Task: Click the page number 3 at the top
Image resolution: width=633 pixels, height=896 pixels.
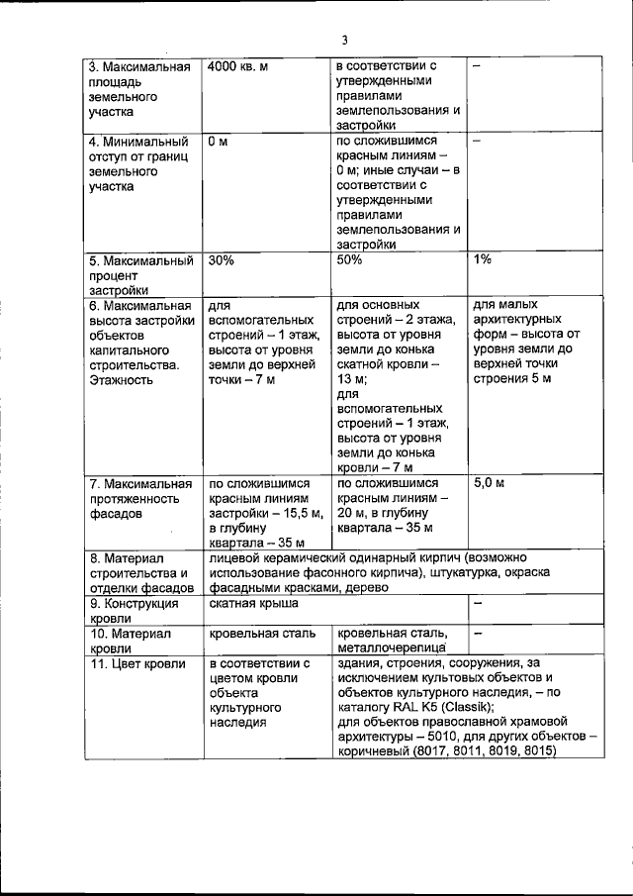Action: click(x=344, y=41)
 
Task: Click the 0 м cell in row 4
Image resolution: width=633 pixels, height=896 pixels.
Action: click(x=218, y=142)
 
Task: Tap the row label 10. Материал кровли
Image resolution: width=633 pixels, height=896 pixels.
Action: click(x=131, y=640)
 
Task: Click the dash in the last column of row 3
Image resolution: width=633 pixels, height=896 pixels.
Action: click(x=477, y=66)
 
